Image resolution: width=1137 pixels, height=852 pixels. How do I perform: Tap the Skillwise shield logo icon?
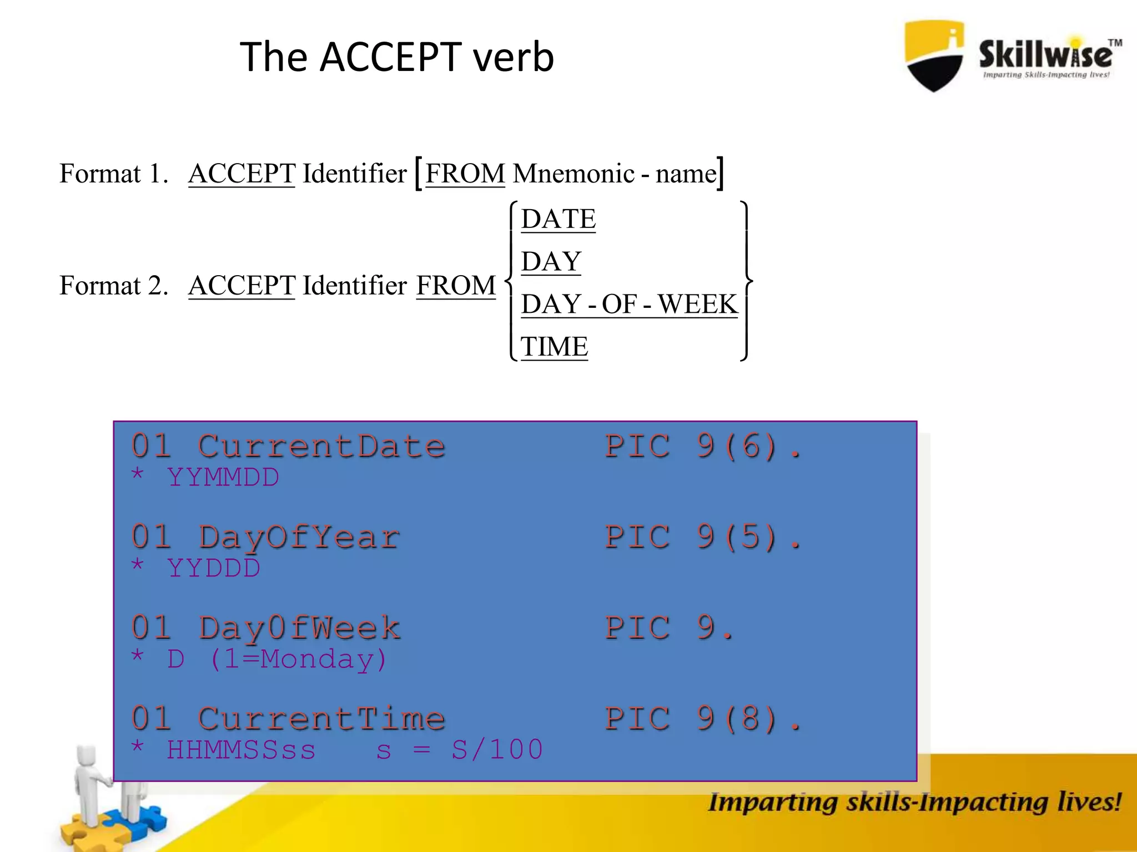tap(934, 55)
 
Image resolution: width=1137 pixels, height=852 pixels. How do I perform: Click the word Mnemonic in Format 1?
tap(573, 174)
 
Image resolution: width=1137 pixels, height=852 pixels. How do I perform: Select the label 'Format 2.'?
tap(114, 286)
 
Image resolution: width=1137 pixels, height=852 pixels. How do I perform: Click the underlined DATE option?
tap(558, 219)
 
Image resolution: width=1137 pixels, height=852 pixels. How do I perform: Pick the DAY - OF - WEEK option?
tap(629, 304)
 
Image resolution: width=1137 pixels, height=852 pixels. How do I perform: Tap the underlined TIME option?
tap(554, 347)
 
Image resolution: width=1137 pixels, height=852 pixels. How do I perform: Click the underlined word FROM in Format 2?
tap(455, 286)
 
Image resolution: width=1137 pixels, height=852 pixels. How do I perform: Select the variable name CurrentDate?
tap(321, 447)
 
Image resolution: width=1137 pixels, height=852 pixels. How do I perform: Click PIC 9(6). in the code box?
tap(703, 447)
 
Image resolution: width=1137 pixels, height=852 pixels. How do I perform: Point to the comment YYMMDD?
tap(223, 478)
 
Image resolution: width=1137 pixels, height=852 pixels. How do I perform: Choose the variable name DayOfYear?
tap(299, 537)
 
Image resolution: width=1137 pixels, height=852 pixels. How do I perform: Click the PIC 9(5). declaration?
tap(703, 537)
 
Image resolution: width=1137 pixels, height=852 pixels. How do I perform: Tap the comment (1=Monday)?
tap(298, 660)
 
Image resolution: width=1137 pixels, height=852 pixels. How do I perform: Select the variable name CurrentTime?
tap(321, 719)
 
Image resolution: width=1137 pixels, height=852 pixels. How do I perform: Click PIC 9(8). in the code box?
tap(703, 719)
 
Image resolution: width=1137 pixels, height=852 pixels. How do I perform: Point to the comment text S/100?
tap(496, 750)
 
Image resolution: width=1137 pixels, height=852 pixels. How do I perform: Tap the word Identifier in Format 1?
tap(354, 174)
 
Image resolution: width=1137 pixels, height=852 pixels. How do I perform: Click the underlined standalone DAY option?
tap(551, 261)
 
